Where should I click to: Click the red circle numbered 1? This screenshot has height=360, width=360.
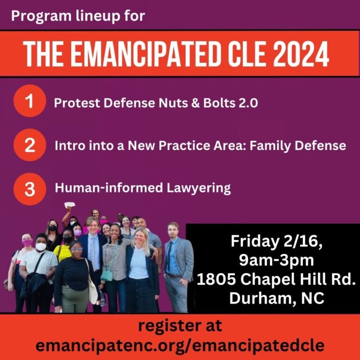[30, 101]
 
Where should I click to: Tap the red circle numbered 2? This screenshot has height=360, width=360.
[30, 145]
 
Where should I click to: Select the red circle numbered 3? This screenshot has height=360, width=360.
[30, 189]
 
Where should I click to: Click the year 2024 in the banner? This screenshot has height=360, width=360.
[301, 54]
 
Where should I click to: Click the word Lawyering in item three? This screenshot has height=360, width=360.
[198, 188]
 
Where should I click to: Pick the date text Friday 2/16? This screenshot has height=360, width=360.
[277, 241]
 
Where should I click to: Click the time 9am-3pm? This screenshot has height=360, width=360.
[276, 260]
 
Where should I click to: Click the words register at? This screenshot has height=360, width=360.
[180, 326]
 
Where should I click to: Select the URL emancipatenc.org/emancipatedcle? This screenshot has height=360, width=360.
[180, 345]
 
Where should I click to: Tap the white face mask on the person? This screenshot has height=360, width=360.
[41, 247]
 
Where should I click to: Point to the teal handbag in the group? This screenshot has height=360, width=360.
[107, 275]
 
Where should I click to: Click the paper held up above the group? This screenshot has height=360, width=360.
[69, 204]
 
